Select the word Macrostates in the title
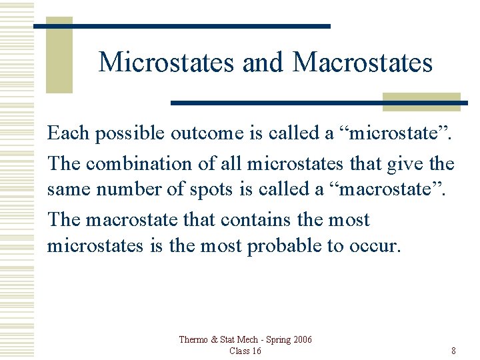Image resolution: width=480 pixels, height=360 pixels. (363, 63)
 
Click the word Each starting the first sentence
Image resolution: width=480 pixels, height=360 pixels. (68, 133)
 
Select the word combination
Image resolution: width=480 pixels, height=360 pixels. (136, 163)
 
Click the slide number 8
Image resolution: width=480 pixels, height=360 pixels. (453, 351)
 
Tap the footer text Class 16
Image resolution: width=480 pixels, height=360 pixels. (245, 351)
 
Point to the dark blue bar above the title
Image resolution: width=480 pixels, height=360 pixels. (182, 26)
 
